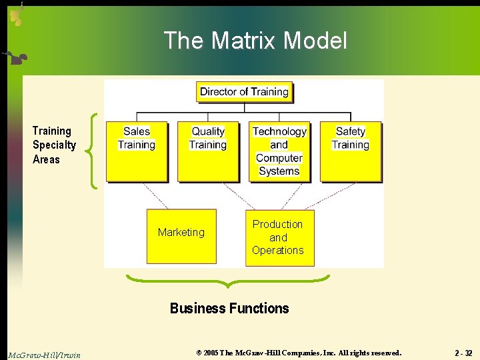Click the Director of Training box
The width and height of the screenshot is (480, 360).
coord(245,92)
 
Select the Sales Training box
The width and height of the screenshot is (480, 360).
coord(137,151)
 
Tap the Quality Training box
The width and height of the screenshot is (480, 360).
coord(208,151)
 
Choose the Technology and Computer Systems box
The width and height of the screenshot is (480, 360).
coord(279,151)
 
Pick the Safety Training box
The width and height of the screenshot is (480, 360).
coord(351,151)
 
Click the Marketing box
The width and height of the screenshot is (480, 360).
coord(181,237)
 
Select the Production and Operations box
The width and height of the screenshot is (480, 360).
coord(279,237)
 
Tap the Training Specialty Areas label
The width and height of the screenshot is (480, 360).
coord(54,145)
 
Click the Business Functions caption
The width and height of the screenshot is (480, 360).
coord(229,308)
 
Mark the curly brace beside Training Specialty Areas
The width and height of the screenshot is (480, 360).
coord(94,151)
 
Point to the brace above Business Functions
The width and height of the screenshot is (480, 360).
coord(228,281)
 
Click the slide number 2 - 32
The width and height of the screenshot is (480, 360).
coord(463,353)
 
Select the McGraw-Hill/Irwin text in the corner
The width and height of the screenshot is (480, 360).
coord(44,355)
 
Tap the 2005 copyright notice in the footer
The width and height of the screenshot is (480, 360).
coord(299,353)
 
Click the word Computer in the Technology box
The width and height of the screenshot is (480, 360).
coord(279,158)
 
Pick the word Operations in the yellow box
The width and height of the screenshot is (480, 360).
coord(278,250)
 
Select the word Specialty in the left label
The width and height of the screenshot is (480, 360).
coord(54,145)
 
